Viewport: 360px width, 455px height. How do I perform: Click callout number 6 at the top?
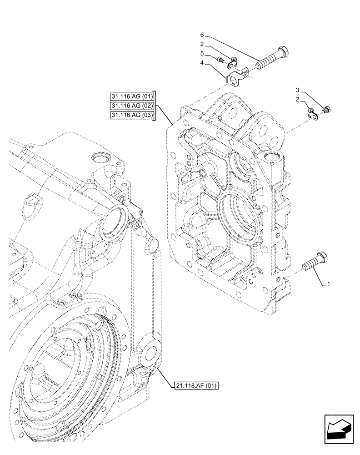pyautogui.click(x=201, y=35)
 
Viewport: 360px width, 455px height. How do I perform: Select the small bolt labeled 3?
pyautogui.click(x=327, y=109)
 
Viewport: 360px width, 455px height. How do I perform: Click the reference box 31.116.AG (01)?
pyautogui.click(x=132, y=96)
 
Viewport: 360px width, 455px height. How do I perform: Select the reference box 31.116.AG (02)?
pyautogui.click(x=132, y=106)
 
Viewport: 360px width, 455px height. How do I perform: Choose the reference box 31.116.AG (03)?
pyautogui.click(x=132, y=116)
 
